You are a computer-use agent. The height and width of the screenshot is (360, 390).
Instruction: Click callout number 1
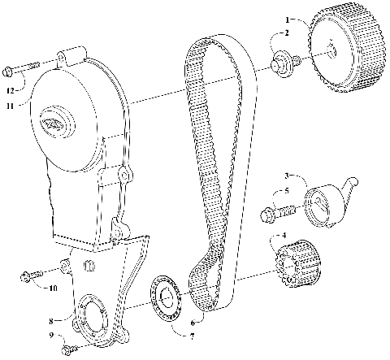287,18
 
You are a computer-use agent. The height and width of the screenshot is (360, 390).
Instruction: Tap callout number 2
285,33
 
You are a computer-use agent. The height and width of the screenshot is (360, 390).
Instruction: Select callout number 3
286,176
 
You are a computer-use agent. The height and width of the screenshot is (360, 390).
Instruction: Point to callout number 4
283,236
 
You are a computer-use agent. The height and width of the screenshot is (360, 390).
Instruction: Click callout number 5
285,192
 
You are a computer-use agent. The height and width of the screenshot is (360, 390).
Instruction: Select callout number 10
53,288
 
